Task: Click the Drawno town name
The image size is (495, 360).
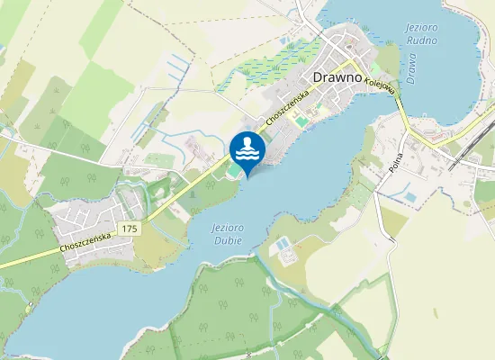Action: (x=337, y=77)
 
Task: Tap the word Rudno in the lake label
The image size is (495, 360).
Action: (x=422, y=40)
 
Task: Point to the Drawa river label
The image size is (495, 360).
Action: (x=411, y=68)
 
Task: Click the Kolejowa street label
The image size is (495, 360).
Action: (x=382, y=85)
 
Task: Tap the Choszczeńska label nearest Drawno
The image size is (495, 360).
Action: (x=287, y=109)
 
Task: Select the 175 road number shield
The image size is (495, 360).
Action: (x=130, y=229)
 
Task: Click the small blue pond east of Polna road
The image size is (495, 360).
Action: (x=409, y=196)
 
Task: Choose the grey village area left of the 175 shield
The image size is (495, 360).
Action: (x=85, y=216)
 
